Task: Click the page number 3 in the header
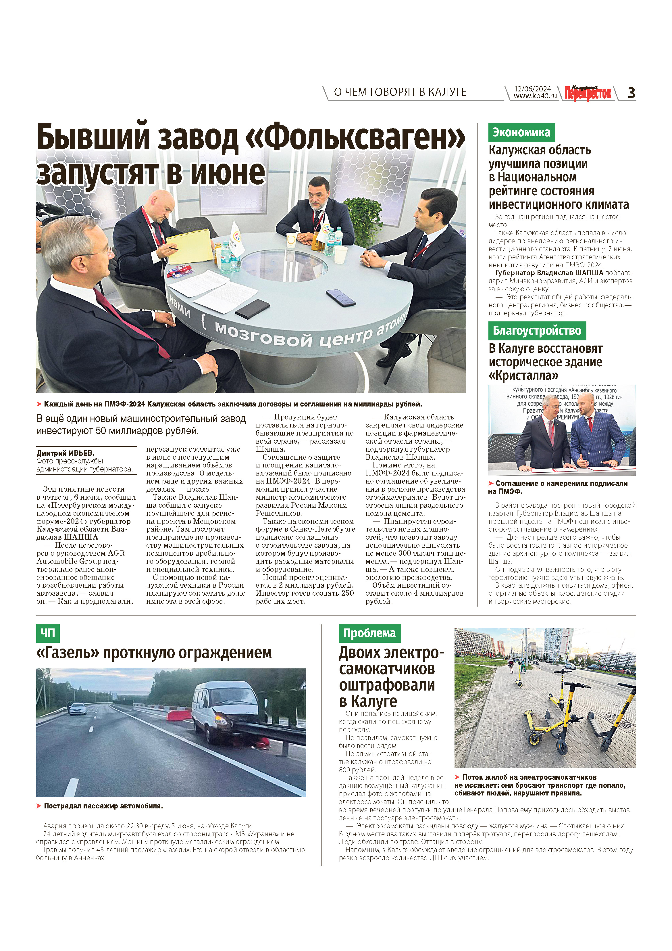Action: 631,93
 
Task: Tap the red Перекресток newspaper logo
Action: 588,93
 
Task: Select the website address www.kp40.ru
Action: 535,96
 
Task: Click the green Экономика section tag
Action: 521,133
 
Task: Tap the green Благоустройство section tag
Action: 537,331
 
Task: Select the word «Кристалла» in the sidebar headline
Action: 523,376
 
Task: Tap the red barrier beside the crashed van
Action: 179,715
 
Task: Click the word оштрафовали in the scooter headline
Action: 387,685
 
